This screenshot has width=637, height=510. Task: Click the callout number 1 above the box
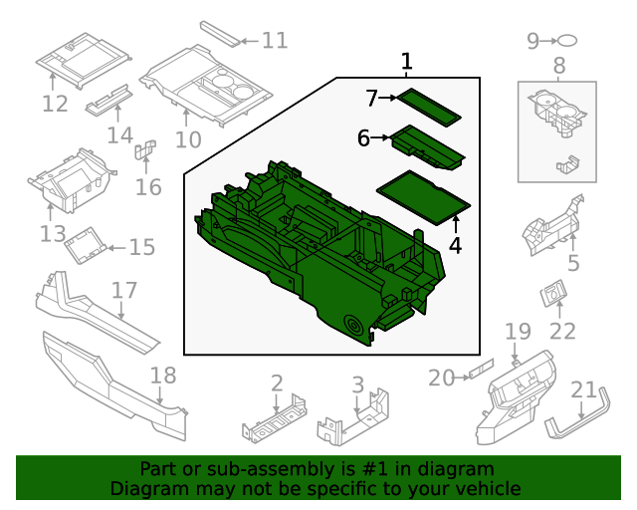click(406, 62)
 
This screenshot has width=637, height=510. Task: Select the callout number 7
click(372, 99)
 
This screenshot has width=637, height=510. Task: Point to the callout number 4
click(455, 244)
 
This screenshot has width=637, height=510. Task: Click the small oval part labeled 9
click(567, 41)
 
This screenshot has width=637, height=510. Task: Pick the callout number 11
click(275, 41)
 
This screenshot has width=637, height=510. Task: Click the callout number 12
click(55, 104)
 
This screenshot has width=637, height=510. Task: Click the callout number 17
click(123, 291)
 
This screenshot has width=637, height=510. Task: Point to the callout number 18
click(162, 376)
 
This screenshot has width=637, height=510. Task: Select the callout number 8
click(558, 67)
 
